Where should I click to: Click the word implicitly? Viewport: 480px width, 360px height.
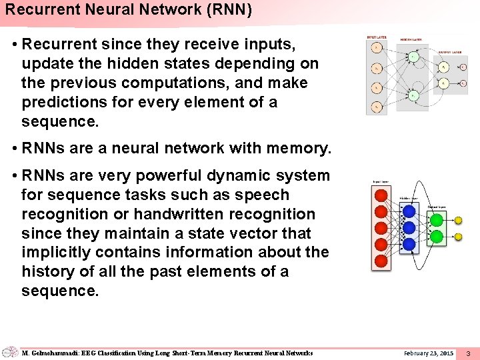[53, 252]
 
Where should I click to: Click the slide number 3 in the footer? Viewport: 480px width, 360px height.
[468, 353]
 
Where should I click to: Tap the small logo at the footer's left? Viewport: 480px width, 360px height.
[9, 352]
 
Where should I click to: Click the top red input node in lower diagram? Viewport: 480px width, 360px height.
[381, 195]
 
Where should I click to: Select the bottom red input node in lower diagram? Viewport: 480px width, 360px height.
[381, 261]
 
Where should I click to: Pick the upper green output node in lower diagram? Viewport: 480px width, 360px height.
[437, 219]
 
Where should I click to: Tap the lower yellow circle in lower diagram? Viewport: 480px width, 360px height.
[458, 237]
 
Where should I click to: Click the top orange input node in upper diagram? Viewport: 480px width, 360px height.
[377, 47]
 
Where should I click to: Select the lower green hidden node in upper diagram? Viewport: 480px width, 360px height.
[413, 96]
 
